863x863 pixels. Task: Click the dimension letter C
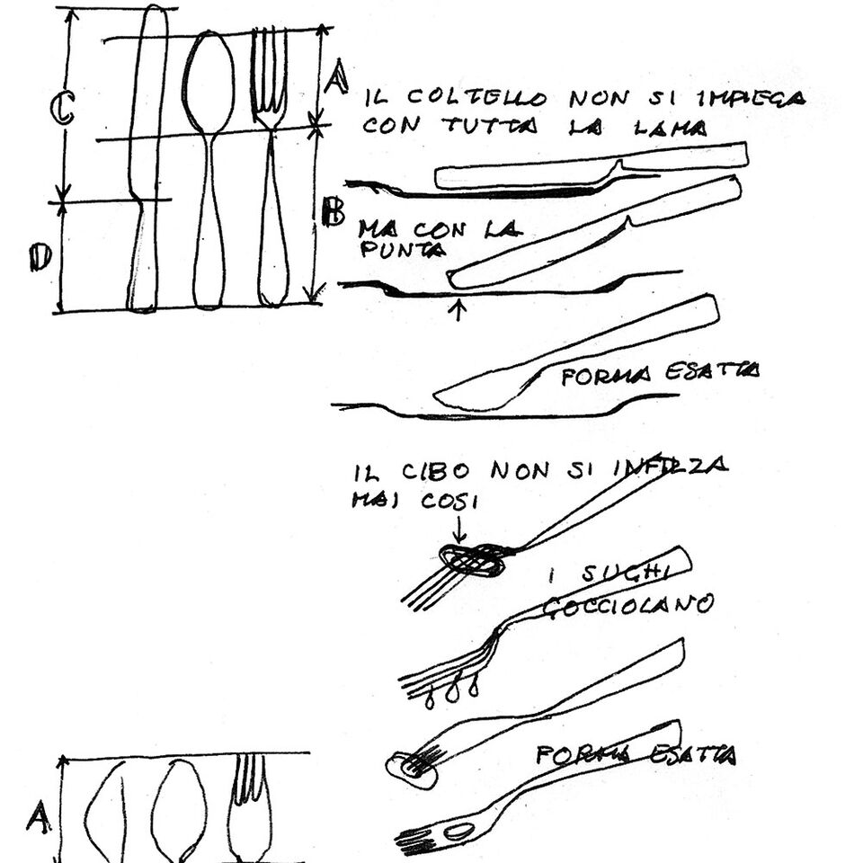[x=61, y=109]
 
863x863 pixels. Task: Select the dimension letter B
[x=334, y=213]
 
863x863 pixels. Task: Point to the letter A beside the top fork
[x=336, y=77]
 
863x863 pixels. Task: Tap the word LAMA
[x=672, y=129]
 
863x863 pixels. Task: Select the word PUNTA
[x=401, y=250]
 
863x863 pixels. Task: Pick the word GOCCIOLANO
[x=627, y=605]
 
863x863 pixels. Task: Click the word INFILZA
[x=671, y=467]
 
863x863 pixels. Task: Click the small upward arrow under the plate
[x=460, y=310]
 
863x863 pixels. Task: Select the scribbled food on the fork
[x=470, y=560]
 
